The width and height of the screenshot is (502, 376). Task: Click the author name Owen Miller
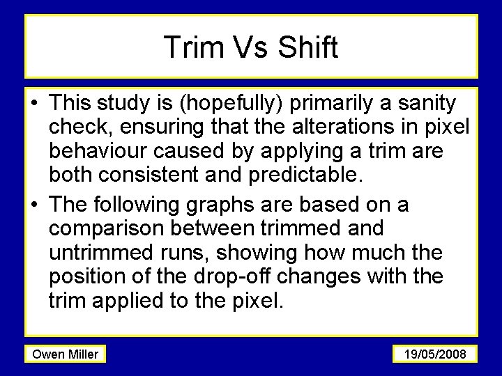(x=65, y=354)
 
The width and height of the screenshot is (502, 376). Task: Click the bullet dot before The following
(x=34, y=205)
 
